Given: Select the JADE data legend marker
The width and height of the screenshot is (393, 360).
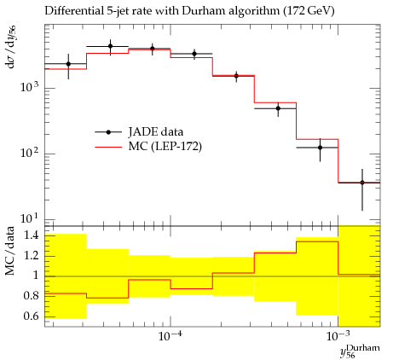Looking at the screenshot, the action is point(108,132).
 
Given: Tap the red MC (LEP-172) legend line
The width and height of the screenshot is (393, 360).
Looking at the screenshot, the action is point(108,147).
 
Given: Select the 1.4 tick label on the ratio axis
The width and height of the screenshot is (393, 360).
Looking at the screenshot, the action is point(32,235).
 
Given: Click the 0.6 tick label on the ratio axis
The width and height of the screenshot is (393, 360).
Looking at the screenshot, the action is point(32,316).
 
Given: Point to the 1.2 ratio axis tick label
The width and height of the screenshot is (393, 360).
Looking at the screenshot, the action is point(32,255).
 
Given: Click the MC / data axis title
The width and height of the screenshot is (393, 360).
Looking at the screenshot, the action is point(10,251).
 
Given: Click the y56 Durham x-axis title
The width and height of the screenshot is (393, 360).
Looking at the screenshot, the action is point(360,351).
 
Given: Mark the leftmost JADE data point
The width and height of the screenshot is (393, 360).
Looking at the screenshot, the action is point(68,64).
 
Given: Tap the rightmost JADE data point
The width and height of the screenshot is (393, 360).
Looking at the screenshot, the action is point(362,183).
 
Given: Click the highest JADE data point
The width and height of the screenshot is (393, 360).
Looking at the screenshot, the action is point(110,46).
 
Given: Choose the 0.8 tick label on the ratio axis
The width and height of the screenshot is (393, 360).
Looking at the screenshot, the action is point(32,296).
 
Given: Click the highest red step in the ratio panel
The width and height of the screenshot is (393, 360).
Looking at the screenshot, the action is point(317,241).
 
